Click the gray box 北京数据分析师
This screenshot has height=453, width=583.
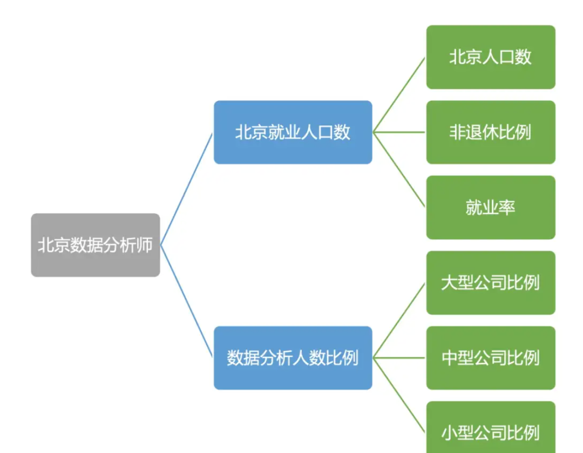click(95, 245)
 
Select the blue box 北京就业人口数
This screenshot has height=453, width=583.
click(293, 132)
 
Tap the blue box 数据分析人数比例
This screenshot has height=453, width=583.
click(293, 357)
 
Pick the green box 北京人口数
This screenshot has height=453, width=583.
click(491, 57)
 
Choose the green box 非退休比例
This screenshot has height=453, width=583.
click(491, 132)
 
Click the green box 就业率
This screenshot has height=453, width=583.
click(491, 207)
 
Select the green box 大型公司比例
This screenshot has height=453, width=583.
click(491, 282)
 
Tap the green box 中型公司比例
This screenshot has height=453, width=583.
click(491, 357)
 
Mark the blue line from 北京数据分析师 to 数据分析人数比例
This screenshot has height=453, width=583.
click(187, 301)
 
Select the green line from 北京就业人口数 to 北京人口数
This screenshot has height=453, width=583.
click(399, 94)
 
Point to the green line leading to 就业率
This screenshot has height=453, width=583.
click(399, 170)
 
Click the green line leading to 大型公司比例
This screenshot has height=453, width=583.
click(399, 320)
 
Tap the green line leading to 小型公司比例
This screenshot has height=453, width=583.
click(399, 395)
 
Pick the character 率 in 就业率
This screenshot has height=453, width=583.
click(507, 208)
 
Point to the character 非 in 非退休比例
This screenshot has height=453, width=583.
click(458, 133)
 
